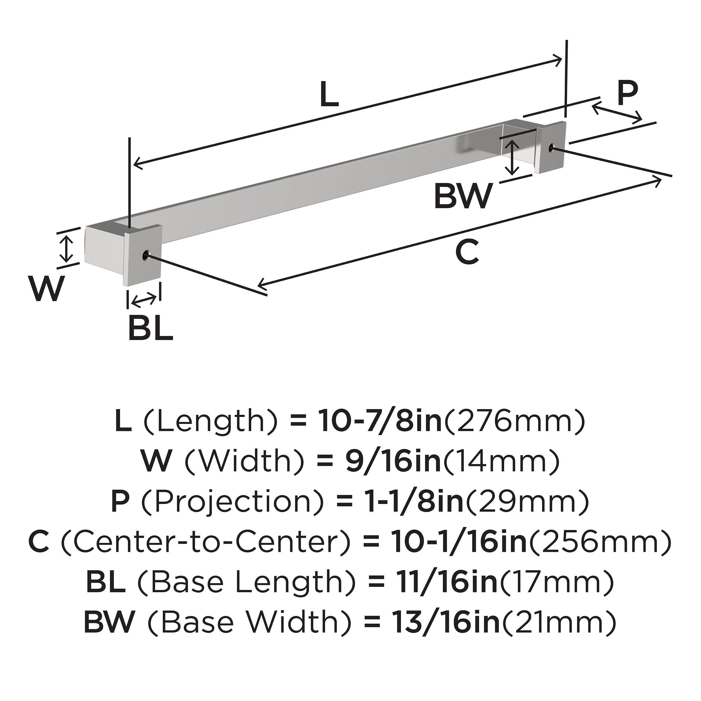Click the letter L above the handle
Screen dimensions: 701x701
click(x=329, y=95)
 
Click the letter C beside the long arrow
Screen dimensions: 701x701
click(x=467, y=252)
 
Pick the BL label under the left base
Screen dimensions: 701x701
click(x=151, y=328)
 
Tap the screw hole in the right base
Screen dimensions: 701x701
click(x=552, y=147)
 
